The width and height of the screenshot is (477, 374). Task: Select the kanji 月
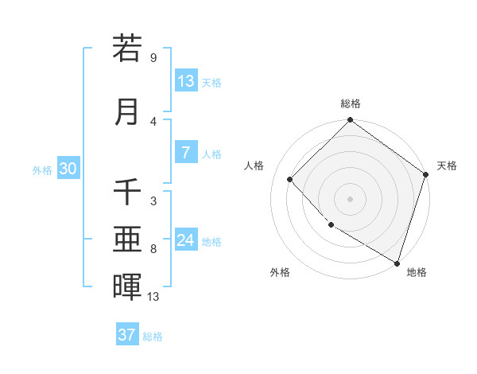127,111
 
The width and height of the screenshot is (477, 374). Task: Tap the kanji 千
127,192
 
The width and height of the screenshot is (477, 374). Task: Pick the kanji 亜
127,239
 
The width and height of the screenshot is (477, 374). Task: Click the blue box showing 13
186,81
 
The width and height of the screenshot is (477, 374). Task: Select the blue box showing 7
186,153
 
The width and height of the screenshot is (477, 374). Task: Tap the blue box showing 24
186,240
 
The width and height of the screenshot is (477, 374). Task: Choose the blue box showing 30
68,169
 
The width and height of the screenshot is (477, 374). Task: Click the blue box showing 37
127,335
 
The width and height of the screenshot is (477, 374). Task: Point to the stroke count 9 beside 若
153,58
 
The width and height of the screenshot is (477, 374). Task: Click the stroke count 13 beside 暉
153,297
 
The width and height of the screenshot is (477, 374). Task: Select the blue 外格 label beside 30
42,170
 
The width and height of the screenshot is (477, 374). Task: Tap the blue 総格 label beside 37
153,336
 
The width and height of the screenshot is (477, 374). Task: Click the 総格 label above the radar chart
351,103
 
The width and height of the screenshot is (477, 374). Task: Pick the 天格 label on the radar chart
447,166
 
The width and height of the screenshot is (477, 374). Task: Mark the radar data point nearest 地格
397,262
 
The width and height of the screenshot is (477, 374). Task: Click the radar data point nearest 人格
290,179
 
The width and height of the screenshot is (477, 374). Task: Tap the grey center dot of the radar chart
351,198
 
